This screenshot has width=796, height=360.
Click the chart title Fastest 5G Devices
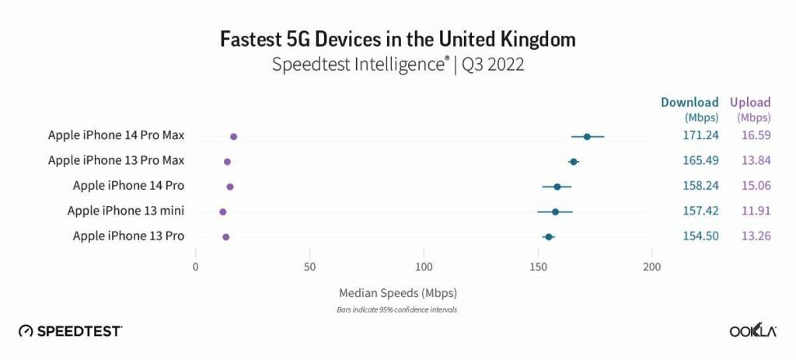point(398,38)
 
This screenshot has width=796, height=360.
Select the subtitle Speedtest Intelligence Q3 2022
point(398,65)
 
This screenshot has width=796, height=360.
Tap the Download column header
point(690,103)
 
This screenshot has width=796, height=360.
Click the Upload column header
point(749,103)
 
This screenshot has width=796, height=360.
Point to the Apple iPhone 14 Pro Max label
point(116,135)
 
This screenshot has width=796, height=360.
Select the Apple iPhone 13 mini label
point(126,211)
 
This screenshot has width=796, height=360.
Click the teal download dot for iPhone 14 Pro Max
point(587,137)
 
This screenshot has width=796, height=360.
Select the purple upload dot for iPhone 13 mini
point(223,211)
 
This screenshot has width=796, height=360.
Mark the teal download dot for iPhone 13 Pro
point(548,236)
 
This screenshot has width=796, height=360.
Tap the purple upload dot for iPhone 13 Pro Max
point(227,162)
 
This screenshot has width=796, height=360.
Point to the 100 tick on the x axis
point(424,267)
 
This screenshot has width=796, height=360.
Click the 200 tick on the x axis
point(652,267)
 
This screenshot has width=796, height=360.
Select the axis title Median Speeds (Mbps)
point(398,294)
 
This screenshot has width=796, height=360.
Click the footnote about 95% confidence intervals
point(398,309)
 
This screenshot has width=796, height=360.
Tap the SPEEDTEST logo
point(70,331)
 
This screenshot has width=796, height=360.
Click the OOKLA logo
point(752,331)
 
